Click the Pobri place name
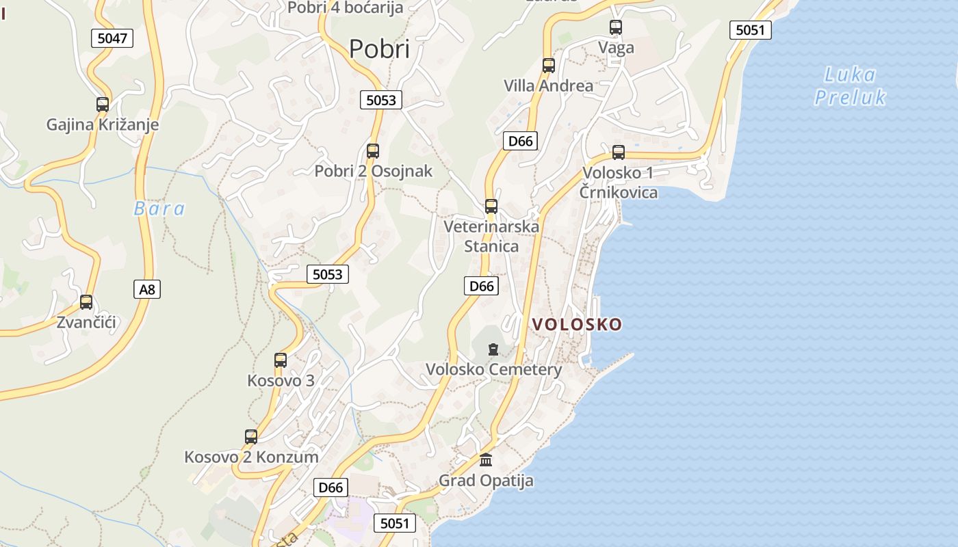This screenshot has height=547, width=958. [x=379, y=49]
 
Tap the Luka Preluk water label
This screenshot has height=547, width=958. [x=850, y=85]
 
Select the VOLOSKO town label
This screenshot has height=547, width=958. [x=578, y=324]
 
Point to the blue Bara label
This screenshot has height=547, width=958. [x=159, y=209]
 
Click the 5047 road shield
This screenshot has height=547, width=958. [x=112, y=38]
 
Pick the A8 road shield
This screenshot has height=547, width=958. [x=147, y=289]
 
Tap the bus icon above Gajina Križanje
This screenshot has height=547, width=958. [x=103, y=105]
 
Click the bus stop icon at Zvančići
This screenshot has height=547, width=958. [x=86, y=302]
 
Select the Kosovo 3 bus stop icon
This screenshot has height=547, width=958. [x=281, y=360]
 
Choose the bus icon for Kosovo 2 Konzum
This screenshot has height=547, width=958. [x=251, y=437]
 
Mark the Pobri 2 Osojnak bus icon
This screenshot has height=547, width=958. [x=373, y=151]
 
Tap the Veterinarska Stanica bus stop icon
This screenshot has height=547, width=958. [x=491, y=206]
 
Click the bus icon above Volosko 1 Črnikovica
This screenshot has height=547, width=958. [x=619, y=152]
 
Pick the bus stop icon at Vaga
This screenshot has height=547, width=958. [x=616, y=28]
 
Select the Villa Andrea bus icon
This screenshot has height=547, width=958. [x=548, y=66]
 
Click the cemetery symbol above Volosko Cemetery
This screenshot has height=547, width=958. [x=493, y=350]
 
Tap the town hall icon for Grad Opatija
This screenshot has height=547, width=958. [x=486, y=459]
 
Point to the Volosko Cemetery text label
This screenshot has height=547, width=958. [x=493, y=370]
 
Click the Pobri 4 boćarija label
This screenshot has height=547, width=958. [x=346, y=8]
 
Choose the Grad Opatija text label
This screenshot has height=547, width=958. [x=486, y=480]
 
